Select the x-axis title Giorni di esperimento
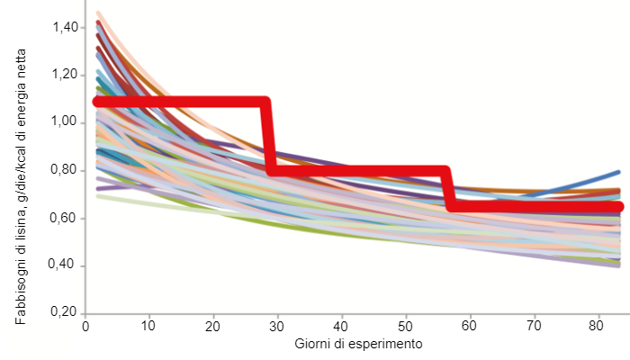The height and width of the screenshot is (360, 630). point(358,345)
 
